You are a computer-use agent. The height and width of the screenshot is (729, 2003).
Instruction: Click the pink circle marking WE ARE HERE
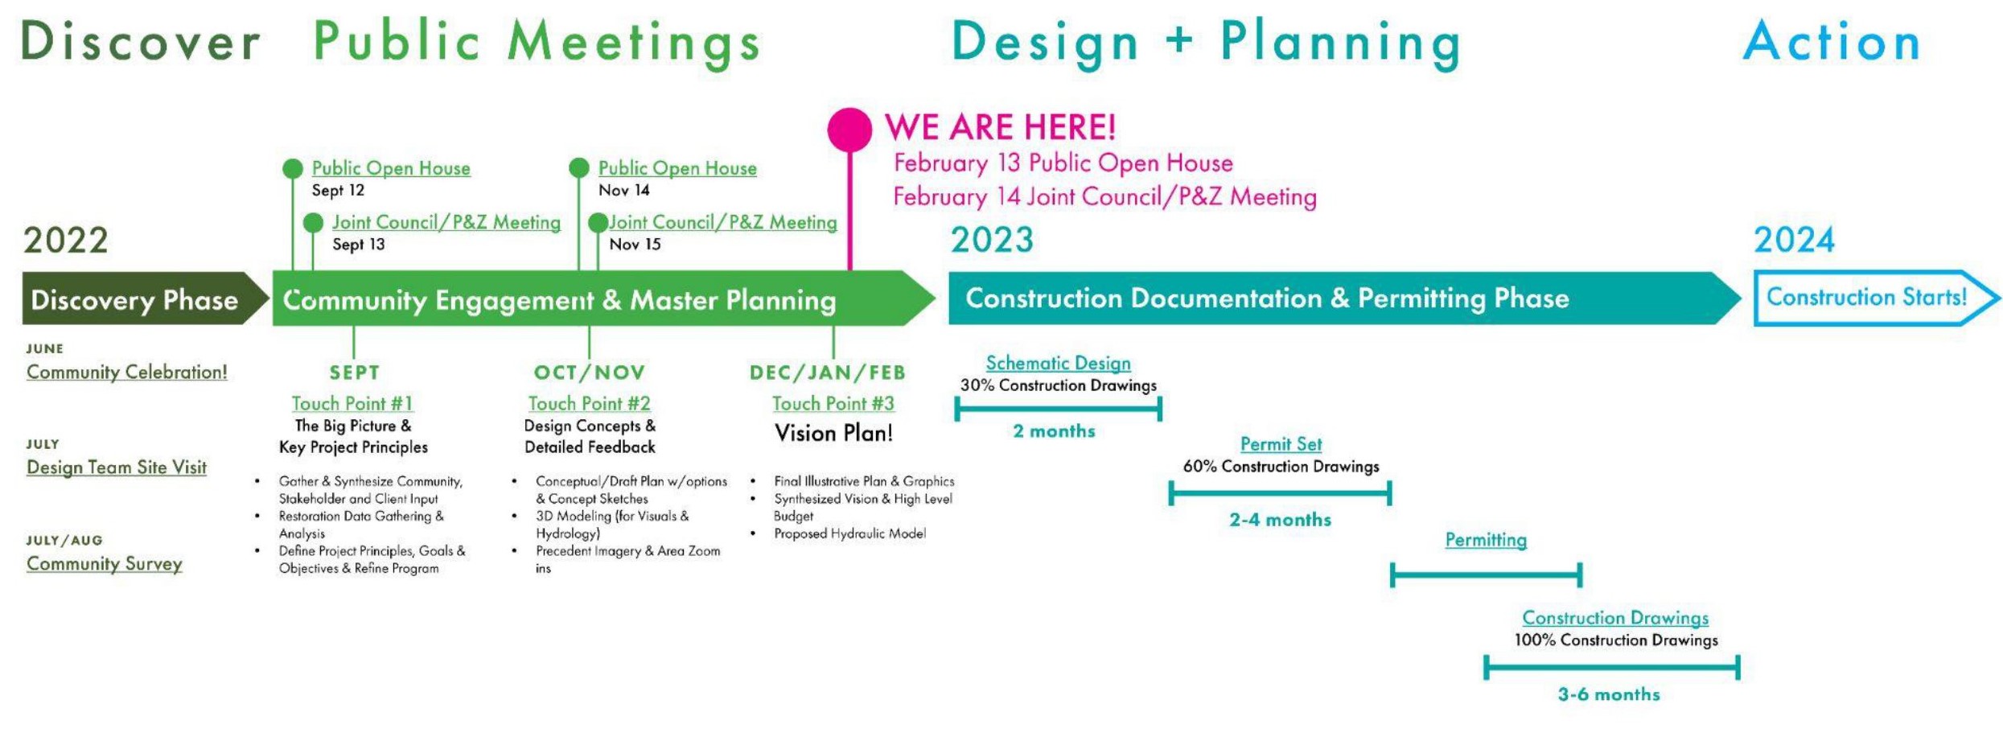point(849,129)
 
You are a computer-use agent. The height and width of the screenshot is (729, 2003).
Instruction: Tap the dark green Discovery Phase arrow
point(145,299)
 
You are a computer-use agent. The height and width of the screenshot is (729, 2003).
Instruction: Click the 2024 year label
point(1794,240)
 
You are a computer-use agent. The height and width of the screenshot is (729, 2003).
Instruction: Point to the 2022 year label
point(66,241)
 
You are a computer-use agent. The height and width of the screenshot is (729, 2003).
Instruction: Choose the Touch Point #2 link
point(589,403)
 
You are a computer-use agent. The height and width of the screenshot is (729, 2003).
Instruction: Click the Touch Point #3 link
point(833,403)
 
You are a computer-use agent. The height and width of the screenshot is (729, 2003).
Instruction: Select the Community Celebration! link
point(126,372)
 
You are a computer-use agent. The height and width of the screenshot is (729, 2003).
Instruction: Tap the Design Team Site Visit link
point(117,467)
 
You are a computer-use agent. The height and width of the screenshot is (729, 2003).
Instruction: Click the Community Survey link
point(105,564)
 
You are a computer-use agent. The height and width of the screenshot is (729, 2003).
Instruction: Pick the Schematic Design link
point(1058,364)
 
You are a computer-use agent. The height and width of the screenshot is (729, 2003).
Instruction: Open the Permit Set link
point(1281,444)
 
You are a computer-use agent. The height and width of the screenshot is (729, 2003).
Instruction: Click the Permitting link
point(1486,540)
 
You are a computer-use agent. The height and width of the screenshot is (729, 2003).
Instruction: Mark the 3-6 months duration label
point(1609,694)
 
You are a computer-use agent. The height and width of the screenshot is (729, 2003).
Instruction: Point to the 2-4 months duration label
point(1280,520)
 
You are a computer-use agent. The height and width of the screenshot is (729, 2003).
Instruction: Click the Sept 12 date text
point(338,191)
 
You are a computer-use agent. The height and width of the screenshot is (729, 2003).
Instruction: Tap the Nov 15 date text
point(635,245)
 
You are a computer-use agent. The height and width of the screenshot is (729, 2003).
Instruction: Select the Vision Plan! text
point(833,434)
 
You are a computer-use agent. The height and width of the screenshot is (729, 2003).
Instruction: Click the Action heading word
point(1832,42)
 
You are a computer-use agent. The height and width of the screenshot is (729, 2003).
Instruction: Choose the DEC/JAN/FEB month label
point(827,373)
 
